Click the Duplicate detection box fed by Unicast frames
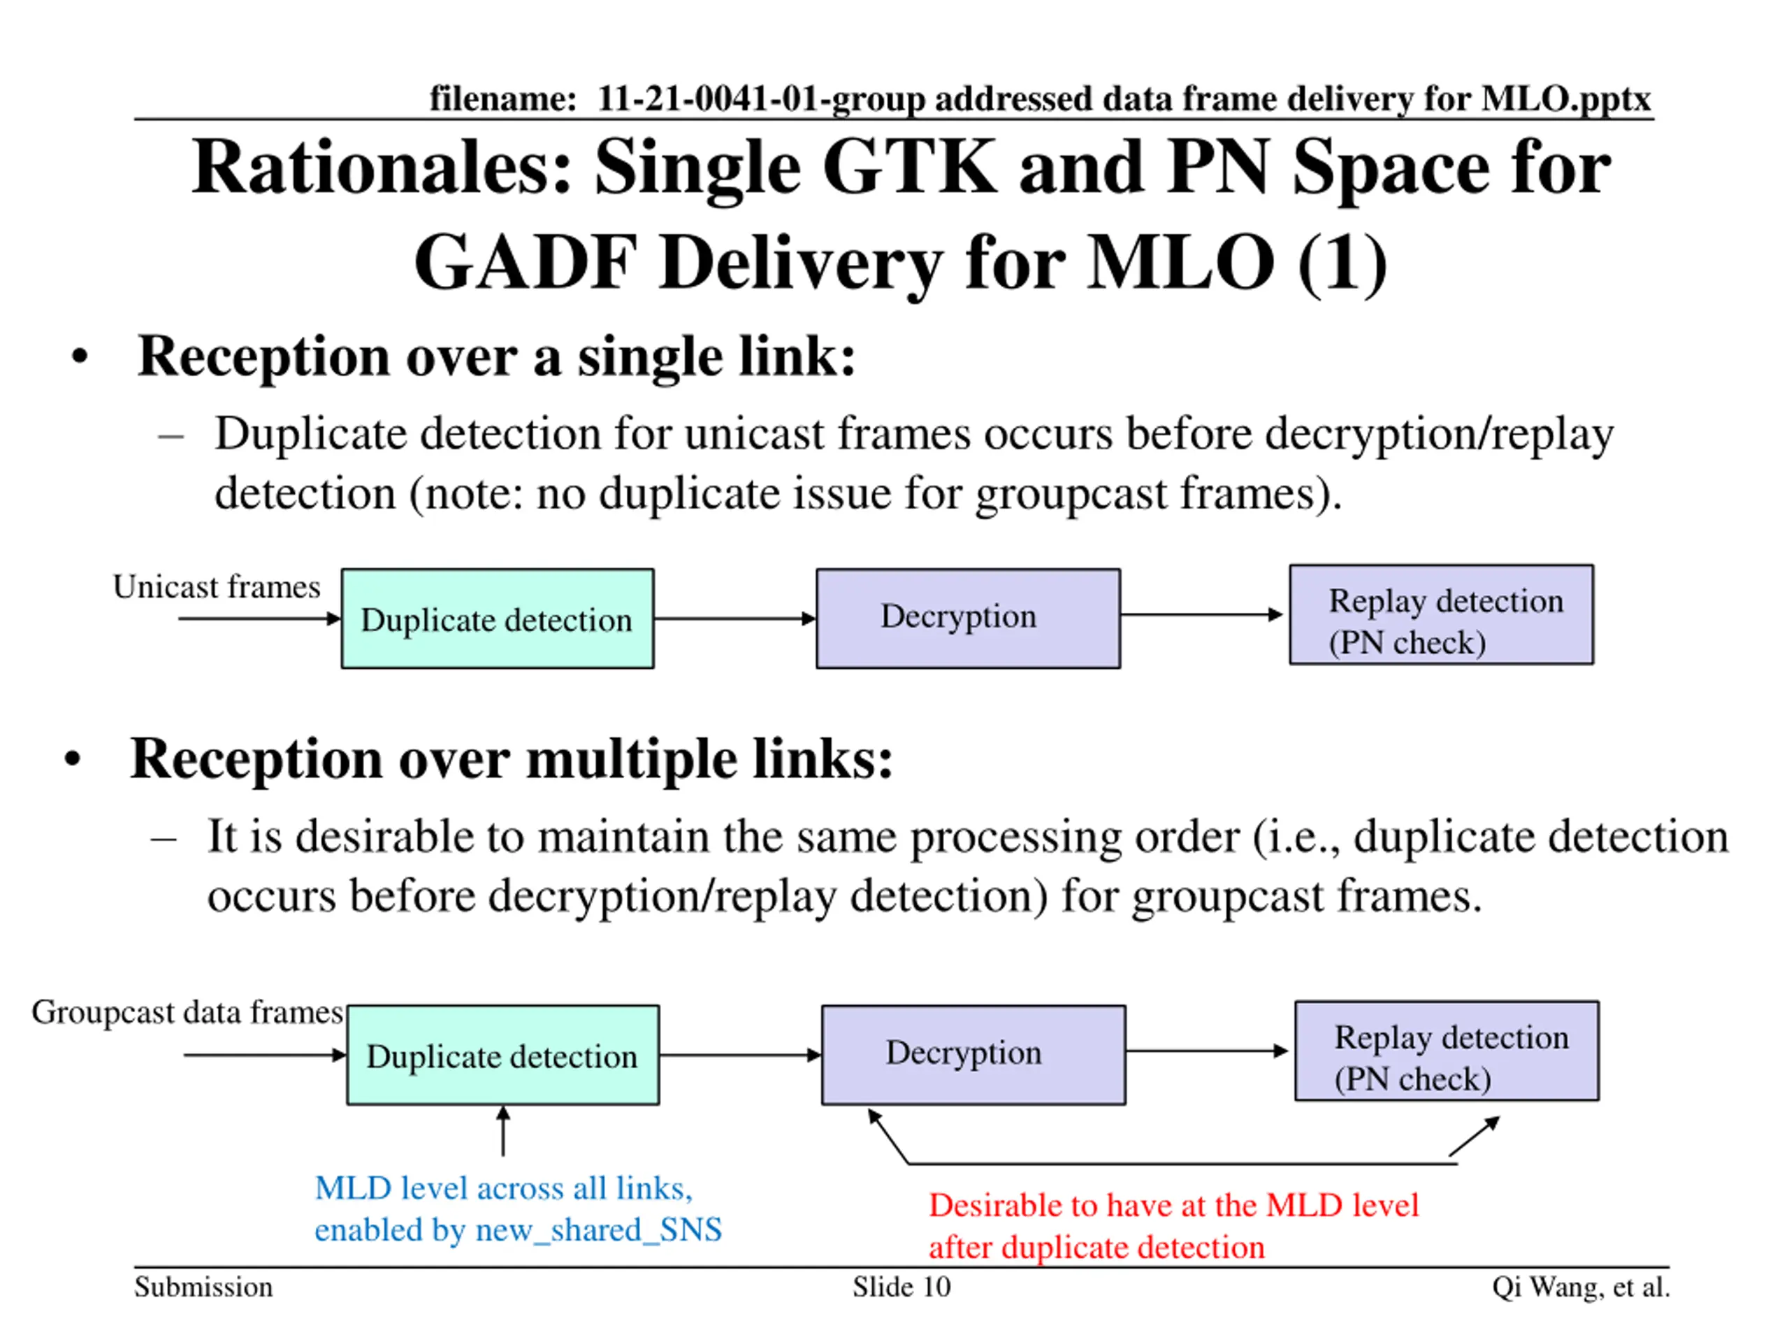pyautogui.click(x=498, y=619)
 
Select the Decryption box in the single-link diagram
pyautogui.click(x=968, y=618)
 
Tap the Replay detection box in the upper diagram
pyautogui.click(x=1441, y=615)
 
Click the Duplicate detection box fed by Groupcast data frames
pyautogui.click(x=503, y=1055)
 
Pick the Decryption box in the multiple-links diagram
pyautogui.click(x=973, y=1055)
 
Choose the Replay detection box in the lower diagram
pyautogui.click(x=1447, y=1051)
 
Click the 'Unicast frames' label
pyautogui.click(x=217, y=586)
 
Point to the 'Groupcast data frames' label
pyautogui.click(x=187, y=1012)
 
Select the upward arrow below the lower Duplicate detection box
pyautogui.click(x=503, y=1131)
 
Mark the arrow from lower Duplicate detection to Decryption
pyautogui.click(x=740, y=1055)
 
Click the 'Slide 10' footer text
pyautogui.click(x=901, y=1287)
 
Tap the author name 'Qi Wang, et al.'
pyautogui.click(x=1581, y=1287)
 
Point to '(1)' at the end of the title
pyautogui.click(x=1342, y=263)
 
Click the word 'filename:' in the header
pyautogui.click(x=502, y=99)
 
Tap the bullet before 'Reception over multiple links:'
pyautogui.click(x=73, y=760)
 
